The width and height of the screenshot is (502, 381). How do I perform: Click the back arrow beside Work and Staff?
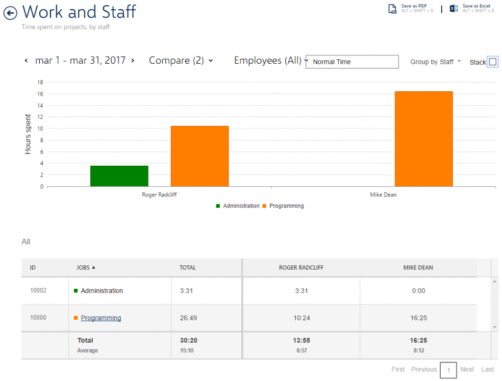(x=10, y=13)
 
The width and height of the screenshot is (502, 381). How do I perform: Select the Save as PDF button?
(x=411, y=8)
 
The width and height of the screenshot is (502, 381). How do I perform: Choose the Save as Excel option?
(x=472, y=8)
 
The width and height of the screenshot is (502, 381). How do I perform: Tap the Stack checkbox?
(x=493, y=62)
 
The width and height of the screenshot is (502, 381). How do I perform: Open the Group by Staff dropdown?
(x=435, y=62)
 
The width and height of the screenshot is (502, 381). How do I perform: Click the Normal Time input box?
(x=352, y=62)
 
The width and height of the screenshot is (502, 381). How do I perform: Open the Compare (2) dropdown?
(x=181, y=60)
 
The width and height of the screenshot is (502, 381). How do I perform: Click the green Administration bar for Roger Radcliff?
(x=119, y=176)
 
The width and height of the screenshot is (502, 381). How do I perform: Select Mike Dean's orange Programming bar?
(x=424, y=139)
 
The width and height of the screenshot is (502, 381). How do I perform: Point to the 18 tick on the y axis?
(x=40, y=82)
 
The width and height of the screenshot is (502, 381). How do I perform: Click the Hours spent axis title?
(x=28, y=134)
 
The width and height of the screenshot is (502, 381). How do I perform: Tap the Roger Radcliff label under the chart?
(x=159, y=195)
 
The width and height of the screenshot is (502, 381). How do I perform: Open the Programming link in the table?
(x=101, y=318)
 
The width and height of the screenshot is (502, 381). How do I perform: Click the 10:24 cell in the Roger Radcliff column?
(x=301, y=318)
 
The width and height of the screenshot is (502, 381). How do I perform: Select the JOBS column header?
(x=86, y=267)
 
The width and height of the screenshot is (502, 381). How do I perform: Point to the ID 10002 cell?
(x=38, y=290)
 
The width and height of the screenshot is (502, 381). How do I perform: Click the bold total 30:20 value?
(x=189, y=340)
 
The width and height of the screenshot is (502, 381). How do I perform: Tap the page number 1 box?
(x=448, y=370)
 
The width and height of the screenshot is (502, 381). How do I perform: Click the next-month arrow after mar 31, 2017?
(x=132, y=60)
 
